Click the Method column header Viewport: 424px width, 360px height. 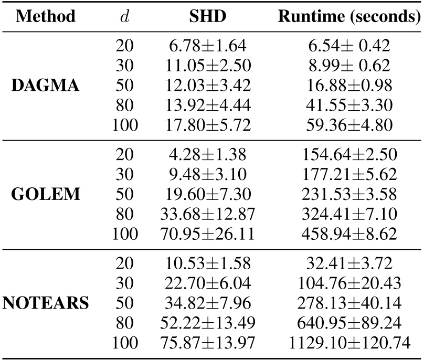pos(46,16)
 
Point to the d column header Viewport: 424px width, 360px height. pos(125,16)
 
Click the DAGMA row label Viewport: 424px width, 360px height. pos(46,84)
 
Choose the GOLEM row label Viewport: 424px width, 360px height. pos(46,194)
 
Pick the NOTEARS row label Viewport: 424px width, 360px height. pos(46,304)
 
